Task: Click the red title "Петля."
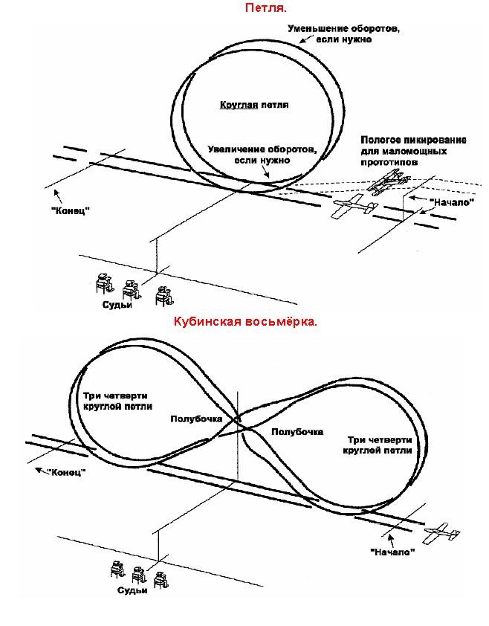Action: [x=266, y=7]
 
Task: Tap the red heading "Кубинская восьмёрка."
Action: [x=245, y=322]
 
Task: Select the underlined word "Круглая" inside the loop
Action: [x=239, y=105]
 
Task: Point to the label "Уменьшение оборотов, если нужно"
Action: [x=343, y=34]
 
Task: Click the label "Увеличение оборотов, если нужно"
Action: [x=262, y=155]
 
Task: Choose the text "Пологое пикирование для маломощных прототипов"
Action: [x=413, y=152]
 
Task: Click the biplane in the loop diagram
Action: [x=389, y=181]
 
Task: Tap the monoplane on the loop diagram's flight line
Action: [x=354, y=207]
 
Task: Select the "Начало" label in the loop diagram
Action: [x=452, y=202]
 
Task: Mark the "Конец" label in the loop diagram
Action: [x=71, y=211]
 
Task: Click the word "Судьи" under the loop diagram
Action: [x=117, y=305]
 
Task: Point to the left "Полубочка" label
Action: [x=196, y=419]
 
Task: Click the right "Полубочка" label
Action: [x=297, y=431]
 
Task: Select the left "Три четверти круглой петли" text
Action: [x=117, y=401]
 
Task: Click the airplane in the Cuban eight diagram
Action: [x=441, y=533]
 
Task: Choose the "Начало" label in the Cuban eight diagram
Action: [x=393, y=552]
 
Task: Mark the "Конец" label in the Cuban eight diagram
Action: [x=66, y=472]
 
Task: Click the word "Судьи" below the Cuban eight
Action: [x=132, y=590]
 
